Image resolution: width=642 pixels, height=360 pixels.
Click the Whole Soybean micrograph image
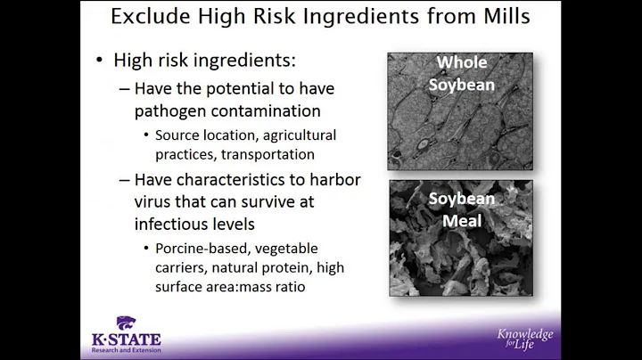click(x=447, y=111)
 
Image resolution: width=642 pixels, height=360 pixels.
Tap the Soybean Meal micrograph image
click(x=447, y=238)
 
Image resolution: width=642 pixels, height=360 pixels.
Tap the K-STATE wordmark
click(x=125, y=340)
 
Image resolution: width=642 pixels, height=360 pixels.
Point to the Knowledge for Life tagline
click(x=525, y=338)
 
